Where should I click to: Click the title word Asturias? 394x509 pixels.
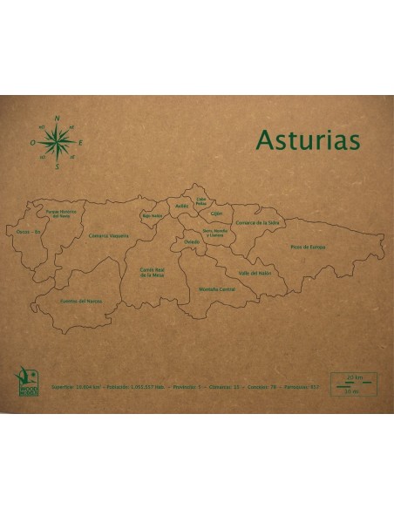click(x=308, y=141)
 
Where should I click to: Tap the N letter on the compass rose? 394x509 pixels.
click(x=58, y=118)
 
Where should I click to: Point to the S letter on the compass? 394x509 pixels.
click(x=58, y=167)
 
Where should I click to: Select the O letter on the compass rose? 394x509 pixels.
click(x=32, y=141)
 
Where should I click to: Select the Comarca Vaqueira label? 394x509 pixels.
click(x=108, y=234)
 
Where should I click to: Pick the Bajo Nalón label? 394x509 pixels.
click(x=153, y=214)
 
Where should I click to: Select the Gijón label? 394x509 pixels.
click(x=217, y=213)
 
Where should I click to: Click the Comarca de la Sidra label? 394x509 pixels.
click(x=257, y=223)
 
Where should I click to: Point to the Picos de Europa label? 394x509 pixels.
click(x=308, y=247)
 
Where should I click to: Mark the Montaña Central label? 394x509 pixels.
click(x=217, y=288)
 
